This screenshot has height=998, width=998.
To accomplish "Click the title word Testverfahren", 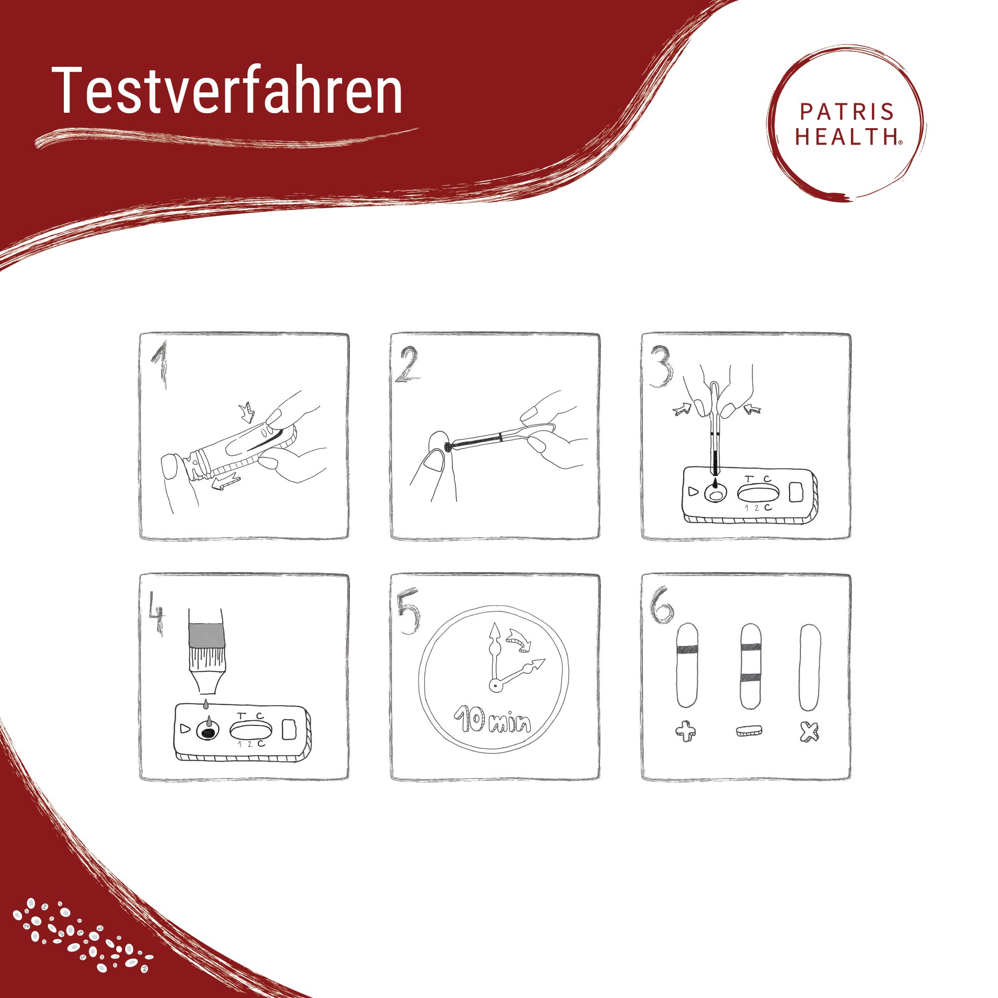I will (x=227, y=91).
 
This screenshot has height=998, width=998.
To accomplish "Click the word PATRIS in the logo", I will (x=847, y=112).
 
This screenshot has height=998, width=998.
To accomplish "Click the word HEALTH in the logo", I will (x=847, y=137).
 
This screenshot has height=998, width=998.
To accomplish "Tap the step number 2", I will (x=407, y=366).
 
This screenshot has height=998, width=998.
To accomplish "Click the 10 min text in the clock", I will (x=492, y=722).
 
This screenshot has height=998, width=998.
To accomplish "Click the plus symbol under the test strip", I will (x=685, y=732).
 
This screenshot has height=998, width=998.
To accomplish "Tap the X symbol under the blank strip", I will (x=809, y=732).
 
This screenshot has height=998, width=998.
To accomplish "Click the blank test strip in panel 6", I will (x=809, y=668).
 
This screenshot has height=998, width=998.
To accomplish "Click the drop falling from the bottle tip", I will (x=205, y=705).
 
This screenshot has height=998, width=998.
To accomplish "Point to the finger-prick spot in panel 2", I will (x=447, y=447).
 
